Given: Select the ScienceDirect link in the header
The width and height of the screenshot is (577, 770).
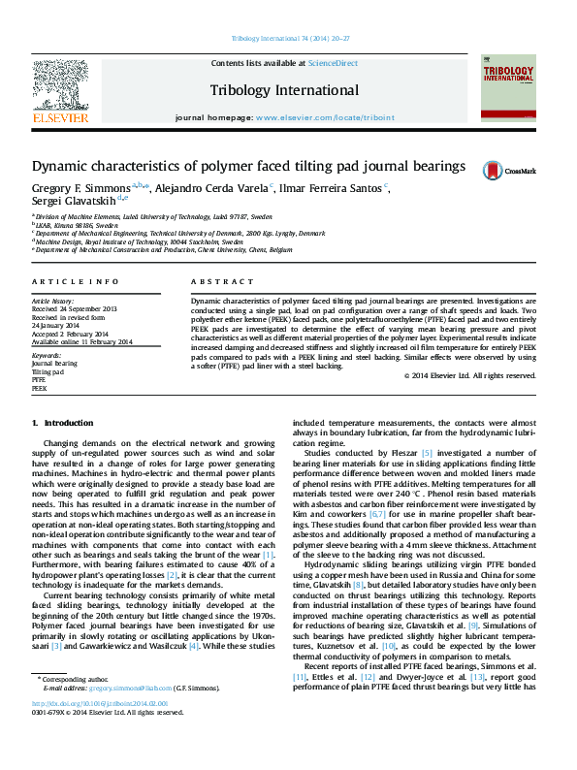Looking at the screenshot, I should click(333, 64).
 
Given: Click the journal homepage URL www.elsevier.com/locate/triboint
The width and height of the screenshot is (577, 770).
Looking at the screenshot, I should click(325, 116).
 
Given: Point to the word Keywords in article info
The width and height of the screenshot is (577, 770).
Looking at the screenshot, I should click(48, 356).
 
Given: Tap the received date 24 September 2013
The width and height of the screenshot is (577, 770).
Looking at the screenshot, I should click(88, 309).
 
